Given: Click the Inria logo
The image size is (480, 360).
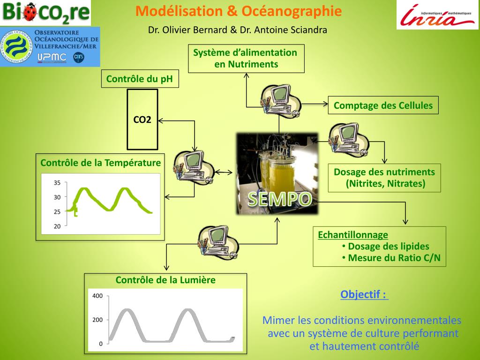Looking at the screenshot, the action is point(438,15).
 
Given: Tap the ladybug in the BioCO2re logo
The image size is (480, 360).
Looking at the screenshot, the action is point(30,12).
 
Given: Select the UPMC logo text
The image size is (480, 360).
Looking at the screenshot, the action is point(52,57).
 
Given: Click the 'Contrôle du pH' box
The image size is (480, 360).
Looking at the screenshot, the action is point(140,79).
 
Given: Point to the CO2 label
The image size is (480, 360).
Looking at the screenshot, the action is point(142,120).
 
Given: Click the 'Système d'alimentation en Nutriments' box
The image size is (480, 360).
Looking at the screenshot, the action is point(246,59).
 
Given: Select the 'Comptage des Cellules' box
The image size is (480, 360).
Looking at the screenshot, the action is point(383,105).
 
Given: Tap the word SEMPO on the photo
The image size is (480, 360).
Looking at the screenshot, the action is point(280,199).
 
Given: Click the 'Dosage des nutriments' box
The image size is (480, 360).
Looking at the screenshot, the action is point(384,178).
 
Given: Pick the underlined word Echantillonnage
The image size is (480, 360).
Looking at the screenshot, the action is point(353,235).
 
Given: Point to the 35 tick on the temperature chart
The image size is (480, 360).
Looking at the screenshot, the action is point(57,183).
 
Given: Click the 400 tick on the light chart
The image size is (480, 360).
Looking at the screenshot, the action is point(97,296).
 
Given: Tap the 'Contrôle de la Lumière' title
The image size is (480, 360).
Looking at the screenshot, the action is point(165,280).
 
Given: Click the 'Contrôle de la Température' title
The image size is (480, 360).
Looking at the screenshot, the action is point(100,163).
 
